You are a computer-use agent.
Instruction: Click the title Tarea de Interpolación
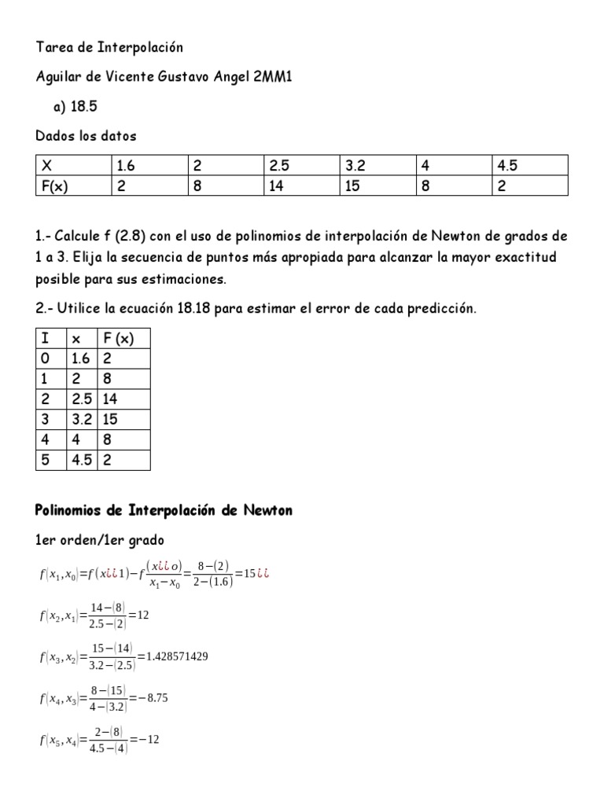tap(109, 47)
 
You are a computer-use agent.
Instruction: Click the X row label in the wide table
tap(47, 166)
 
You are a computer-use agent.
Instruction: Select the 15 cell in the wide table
tap(352, 186)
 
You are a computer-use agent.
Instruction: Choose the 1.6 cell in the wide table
tap(126, 166)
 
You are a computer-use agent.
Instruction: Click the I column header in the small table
tap(45, 339)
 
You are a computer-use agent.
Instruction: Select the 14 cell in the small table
tap(111, 399)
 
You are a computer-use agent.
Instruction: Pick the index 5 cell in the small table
tap(45, 460)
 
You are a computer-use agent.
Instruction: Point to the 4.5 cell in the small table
tap(82, 460)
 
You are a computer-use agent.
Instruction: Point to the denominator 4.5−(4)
tap(105, 748)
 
